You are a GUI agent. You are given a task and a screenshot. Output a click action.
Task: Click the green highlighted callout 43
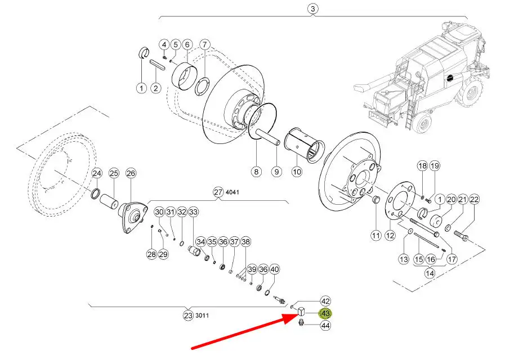click(x=325, y=313)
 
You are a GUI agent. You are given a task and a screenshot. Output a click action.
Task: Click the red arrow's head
click(x=289, y=318)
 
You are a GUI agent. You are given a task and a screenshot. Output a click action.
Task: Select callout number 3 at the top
click(x=312, y=9)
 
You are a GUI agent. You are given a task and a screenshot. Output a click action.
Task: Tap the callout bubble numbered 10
click(x=297, y=172)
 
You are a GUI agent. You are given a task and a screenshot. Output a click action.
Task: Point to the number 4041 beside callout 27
click(x=233, y=192)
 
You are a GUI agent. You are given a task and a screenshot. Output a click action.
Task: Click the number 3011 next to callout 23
click(x=202, y=316)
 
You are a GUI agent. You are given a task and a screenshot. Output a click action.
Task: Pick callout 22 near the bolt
click(x=474, y=199)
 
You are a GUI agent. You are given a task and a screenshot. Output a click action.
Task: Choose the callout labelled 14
click(x=430, y=273)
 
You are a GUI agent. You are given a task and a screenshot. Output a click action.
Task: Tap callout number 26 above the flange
click(x=131, y=173)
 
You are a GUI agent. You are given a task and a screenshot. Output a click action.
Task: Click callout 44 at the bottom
click(x=325, y=325)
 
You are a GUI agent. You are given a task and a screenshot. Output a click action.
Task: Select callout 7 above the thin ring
click(x=205, y=44)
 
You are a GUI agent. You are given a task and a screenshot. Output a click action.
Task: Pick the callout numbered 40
click(x=274, y=269)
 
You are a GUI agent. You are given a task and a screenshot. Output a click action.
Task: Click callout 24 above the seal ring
click(x=97, y=173)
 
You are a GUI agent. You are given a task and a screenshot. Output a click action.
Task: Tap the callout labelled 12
click(x=390, y=235)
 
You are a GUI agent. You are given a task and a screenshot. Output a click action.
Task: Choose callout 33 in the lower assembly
click(x=194, y=212)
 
